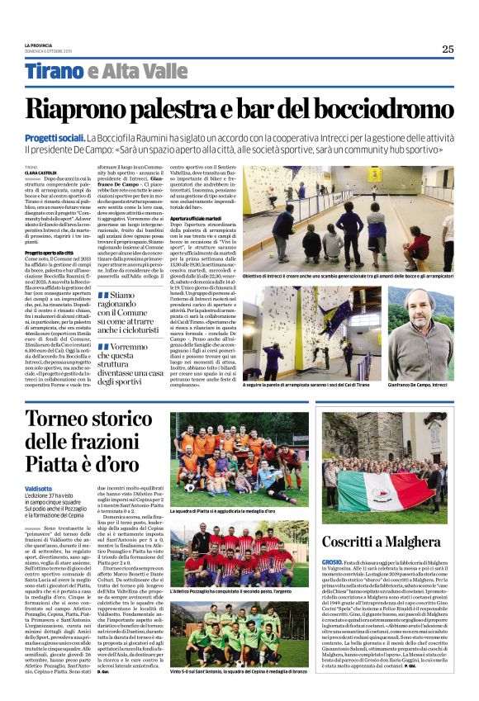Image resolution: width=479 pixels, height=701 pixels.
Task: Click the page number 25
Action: pos(447,49)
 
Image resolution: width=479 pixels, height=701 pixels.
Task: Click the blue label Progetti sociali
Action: pos(55,137)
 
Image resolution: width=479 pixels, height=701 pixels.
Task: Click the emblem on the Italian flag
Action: pos(382,485)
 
